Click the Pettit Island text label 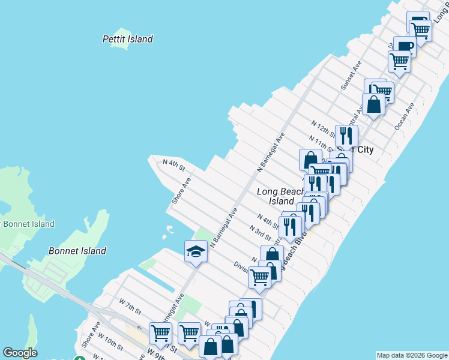pos(127,39)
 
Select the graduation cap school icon pos(196,251)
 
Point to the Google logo pos(20,353)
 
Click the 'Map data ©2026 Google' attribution pos(412,355)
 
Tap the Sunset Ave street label pos(351,76)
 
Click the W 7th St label pos(130,308)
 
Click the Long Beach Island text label pos(281,196)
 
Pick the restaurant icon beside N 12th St pos(346,136)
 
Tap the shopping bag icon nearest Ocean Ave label pos(373,104)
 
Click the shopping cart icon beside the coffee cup pos(399,61)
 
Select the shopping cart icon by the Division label pos(259,277)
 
